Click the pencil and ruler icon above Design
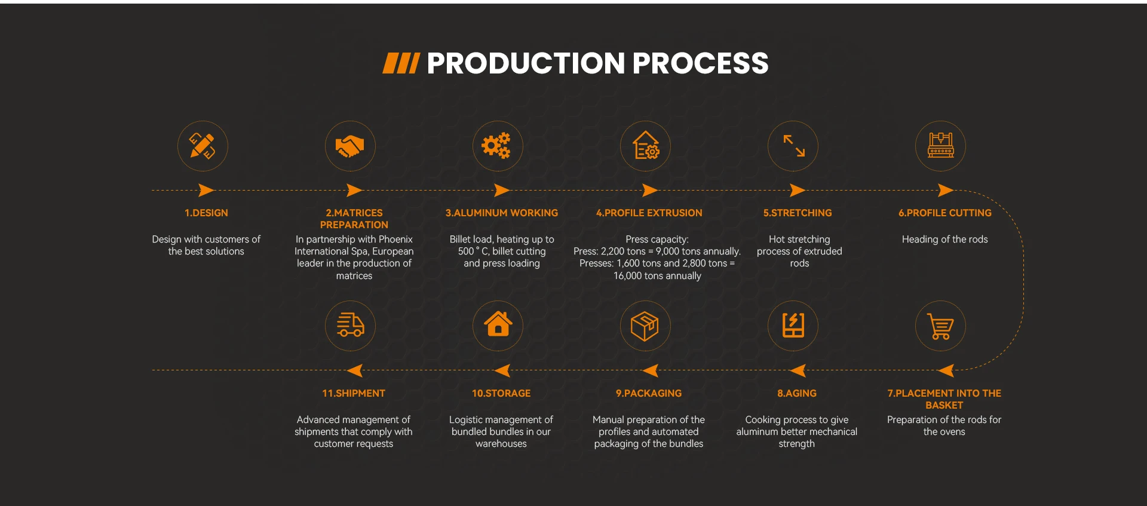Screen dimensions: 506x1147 203,146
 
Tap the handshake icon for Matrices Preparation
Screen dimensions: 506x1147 350,146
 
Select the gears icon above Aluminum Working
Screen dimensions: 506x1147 497,146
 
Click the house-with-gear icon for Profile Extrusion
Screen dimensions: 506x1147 646,146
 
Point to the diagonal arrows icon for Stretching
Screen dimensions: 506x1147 793,146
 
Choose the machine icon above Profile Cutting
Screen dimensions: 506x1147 940,146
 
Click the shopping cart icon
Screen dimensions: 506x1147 940,326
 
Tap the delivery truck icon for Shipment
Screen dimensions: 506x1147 350,326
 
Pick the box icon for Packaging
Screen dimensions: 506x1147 645,326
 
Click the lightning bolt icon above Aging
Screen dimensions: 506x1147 793,326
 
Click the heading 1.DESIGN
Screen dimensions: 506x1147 206,213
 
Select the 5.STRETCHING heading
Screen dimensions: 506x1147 797,213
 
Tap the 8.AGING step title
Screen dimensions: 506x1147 796,394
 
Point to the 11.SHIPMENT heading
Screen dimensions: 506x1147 354,394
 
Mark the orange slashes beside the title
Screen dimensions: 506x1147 401,63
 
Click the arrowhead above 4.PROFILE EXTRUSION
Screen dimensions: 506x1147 649,191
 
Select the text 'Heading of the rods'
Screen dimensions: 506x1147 944,240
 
